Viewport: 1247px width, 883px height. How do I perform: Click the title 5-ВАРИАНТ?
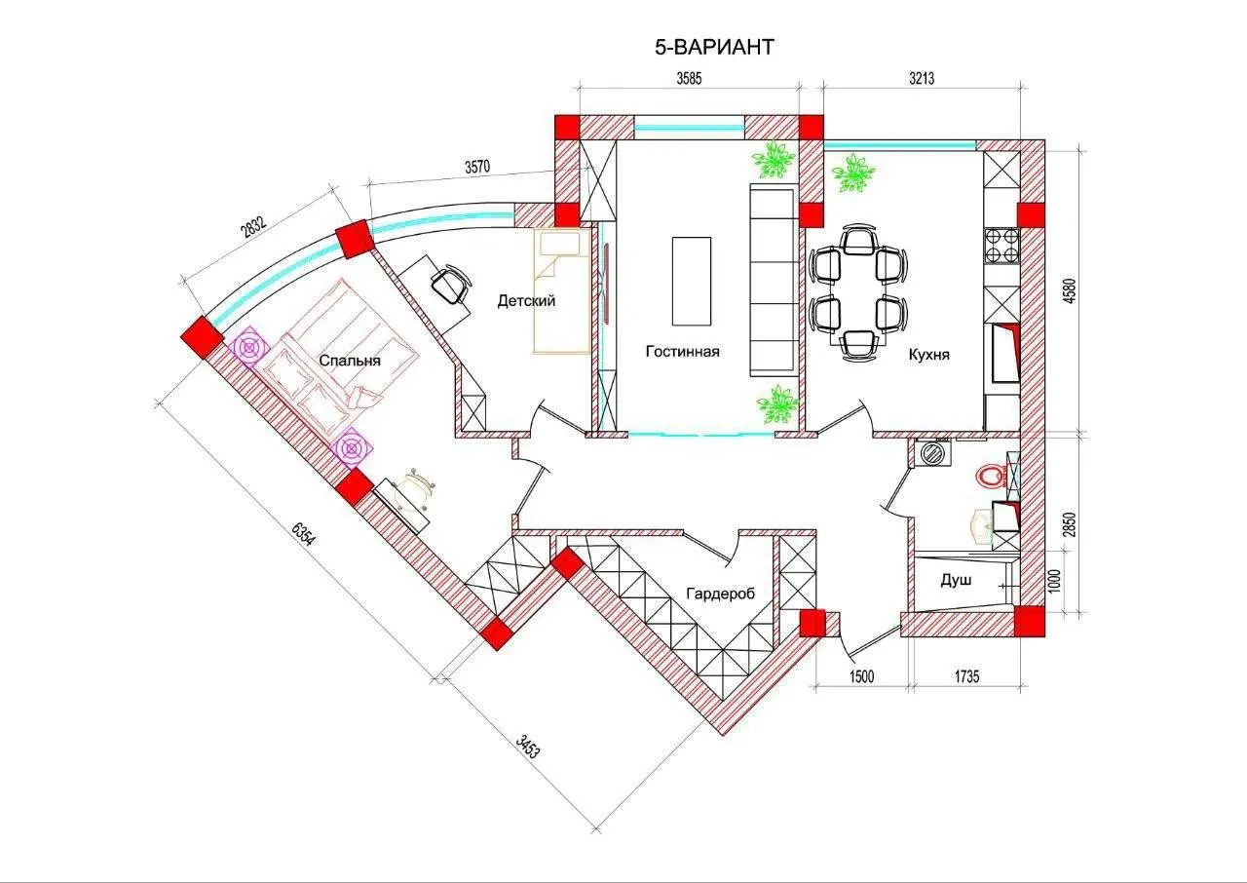[714, 48]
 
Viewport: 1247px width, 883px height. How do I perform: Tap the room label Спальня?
[350, 361]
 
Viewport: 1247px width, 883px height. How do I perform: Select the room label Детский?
[526, 301]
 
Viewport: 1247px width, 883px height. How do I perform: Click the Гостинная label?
[683, 351]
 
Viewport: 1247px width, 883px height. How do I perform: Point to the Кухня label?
[929, 355]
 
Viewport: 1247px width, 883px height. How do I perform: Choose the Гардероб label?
[720, 595]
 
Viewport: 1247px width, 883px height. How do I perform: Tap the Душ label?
[957, 580]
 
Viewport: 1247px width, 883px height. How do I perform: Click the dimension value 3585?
[689, 79]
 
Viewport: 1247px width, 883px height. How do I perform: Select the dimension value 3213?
[922, 79]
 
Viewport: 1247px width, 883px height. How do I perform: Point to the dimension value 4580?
[1070, 290]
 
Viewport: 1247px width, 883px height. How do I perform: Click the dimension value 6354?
[303, 533]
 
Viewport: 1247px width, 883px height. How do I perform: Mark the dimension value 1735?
[967, 676]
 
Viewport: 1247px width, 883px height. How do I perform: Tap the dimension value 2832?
[254, 225]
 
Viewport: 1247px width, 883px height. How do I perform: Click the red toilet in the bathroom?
[990, 477]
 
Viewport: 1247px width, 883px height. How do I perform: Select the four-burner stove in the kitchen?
[1001, 246]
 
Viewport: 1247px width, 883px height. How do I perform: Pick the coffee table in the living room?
[692, 281]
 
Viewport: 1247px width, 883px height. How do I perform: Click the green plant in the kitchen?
[852, 173]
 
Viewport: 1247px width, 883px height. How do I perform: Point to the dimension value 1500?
[861, 676]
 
